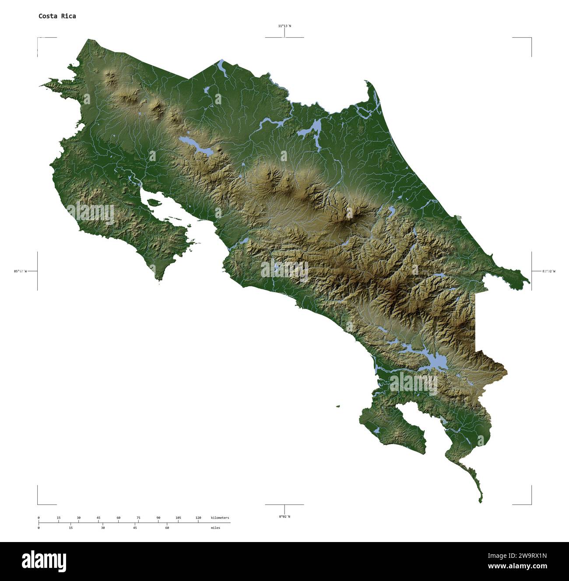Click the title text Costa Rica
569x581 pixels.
[x=57, y=16]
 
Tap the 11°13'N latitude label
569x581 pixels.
[x=284, y=26]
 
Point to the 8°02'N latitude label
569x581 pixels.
[x=284, y=517]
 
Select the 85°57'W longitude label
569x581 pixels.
[x=20, y=271]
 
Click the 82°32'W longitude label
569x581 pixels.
[x=548, y=271]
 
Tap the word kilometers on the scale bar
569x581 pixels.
[x=220, y=518]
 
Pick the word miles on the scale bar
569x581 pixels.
[x=215, y=528]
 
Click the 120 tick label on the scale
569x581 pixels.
[x=198, y=518]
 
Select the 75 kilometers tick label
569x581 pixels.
[x=138, y=518]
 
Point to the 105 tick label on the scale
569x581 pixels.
[x=178, y=518]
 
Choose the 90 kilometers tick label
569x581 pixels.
[x=158, y=518]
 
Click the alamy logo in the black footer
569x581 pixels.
[x=44, y=561]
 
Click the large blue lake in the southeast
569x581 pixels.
[x=438, y=361]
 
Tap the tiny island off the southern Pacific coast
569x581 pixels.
[x=338, y=406]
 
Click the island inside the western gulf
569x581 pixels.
[x=152, y=202]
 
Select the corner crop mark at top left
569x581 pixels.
[x=38, y=39]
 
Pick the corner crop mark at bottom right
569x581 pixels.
[x=531, y=504]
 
